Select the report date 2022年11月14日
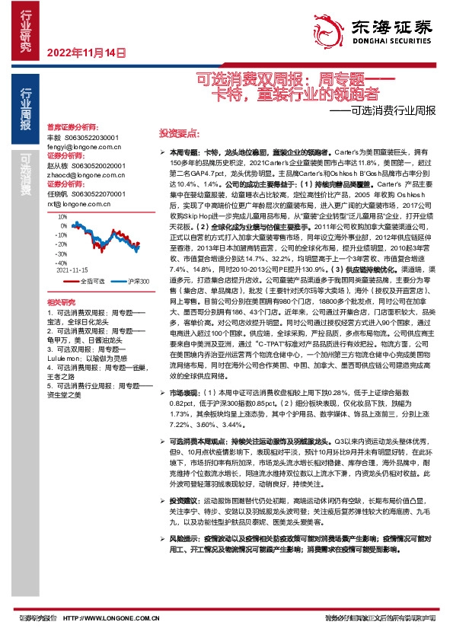[86, 53]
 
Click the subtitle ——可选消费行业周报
[388, 110]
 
